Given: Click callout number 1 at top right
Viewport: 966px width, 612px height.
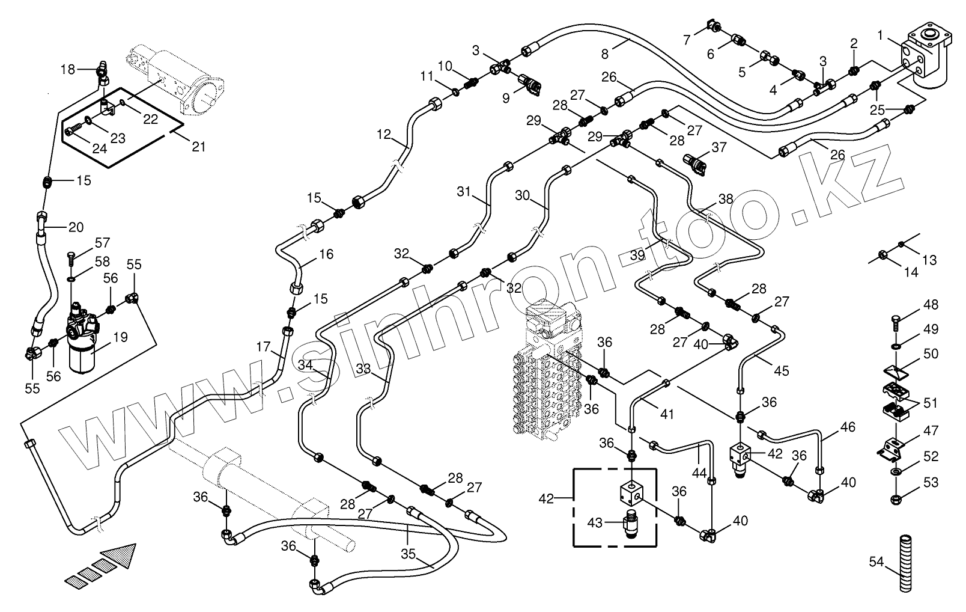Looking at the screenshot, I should (x=880, y=36).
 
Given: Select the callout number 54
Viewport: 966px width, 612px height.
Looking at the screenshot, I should (x=876, y=562).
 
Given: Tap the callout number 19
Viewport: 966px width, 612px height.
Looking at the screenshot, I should (x=120, y=337).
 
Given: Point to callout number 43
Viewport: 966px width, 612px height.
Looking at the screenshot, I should (x=595, y=523).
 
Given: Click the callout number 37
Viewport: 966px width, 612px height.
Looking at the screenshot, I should (x=718, y=147).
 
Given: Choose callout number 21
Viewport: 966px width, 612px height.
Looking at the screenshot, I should (x=198, y=146).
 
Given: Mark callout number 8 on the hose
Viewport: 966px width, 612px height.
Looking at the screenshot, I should (x=605, y=54).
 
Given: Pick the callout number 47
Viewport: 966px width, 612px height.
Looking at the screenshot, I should (x=931, y=430).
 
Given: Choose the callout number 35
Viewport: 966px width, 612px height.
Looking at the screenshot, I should (x=409, y=554).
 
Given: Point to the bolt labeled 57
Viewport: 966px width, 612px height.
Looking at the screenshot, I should (x=70, y=258).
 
